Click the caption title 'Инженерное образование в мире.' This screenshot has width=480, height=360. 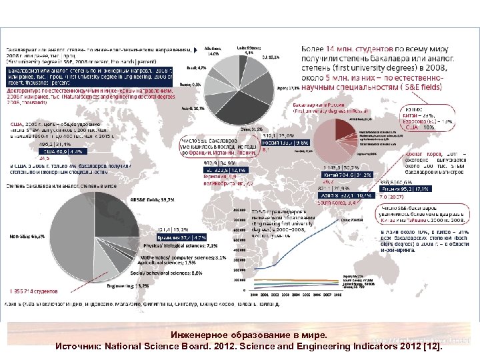click(x=240, y=335)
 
